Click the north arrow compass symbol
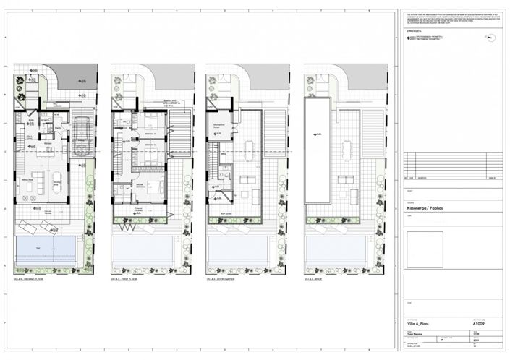tap(490, 37)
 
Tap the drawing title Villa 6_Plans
tap(420, 325)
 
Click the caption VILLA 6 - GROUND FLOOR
tap(30, 278)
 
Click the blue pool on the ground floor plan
tap(45, 251)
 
